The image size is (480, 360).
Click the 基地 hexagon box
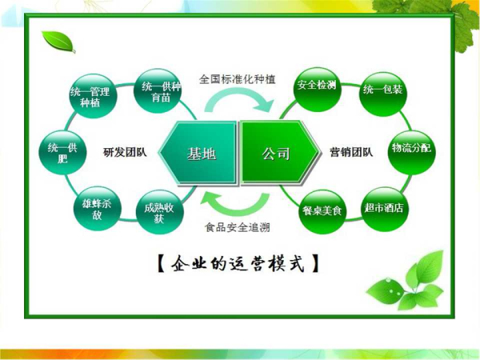pyautogui.click(x=198, y=153)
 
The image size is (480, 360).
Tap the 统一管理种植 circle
pyautogui.click(x=90, y=96)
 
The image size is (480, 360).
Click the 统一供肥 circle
pyautogui.click(x=62, y=153)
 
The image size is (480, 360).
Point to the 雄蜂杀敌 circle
pyautogui.click(x=97, y=209)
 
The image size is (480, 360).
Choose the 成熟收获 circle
pyautogui.click(x=159, y=212)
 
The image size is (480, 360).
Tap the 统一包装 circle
pyautogui.click(x=382, y=94)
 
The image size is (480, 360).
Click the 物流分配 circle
pyautogui.click(x=411, y=153)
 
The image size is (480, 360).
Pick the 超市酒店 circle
pyautogui.click(x=385, y=209)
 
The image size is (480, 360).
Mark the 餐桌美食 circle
pyautogui.click(x=322, y=211)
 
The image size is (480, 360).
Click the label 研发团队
pyautogui.click(x=125, y=152)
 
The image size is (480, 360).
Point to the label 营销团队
pyautogui.click(x=351, y=152)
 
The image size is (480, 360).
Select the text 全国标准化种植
pyautogui.click(x=238, y=79)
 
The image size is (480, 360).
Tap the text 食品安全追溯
pyautogui.click(x=238, y=227)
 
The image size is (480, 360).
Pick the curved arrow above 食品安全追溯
pyautogui.click(x=235, y=209)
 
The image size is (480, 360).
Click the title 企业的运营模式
pyautogui.click(x=238, y=263)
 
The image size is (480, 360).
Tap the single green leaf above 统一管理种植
pyautogui.click(x=58, y=41)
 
